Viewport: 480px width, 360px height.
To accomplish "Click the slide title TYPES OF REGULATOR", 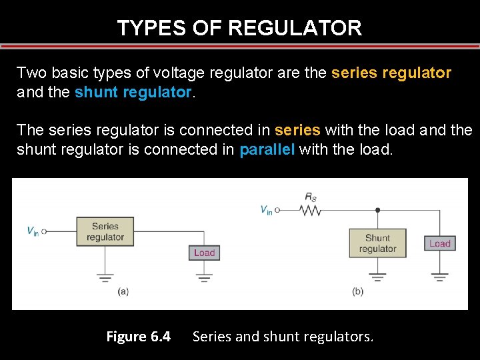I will pos(239,28).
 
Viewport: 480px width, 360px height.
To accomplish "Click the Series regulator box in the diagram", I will pos(105,232).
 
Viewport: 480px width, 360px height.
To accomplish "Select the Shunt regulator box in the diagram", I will pos(377,243).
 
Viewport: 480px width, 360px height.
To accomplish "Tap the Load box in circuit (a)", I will pos(204,253).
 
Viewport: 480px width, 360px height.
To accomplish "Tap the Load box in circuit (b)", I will pos(439,243).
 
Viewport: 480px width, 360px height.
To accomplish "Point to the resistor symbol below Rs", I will pos(310,210).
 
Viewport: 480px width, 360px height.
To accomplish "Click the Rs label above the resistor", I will pos(311,197).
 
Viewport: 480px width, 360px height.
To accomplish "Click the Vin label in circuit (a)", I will pos(32,231).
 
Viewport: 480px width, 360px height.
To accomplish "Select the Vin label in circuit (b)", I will pos(265,210).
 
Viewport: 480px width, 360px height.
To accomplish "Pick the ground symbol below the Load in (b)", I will pos(439,275).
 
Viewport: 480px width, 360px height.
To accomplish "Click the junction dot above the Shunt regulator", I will pos(377,210).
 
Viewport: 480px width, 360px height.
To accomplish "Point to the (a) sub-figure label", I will pos(123,291).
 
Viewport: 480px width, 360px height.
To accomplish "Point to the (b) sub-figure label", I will pos(358,291).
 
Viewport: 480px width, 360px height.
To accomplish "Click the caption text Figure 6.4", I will pos(138,337).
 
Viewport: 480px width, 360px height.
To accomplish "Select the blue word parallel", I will pos(266,150).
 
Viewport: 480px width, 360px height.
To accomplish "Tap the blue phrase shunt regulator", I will pos(133,93).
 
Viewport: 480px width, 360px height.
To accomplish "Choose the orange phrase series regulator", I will pos(391,73).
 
